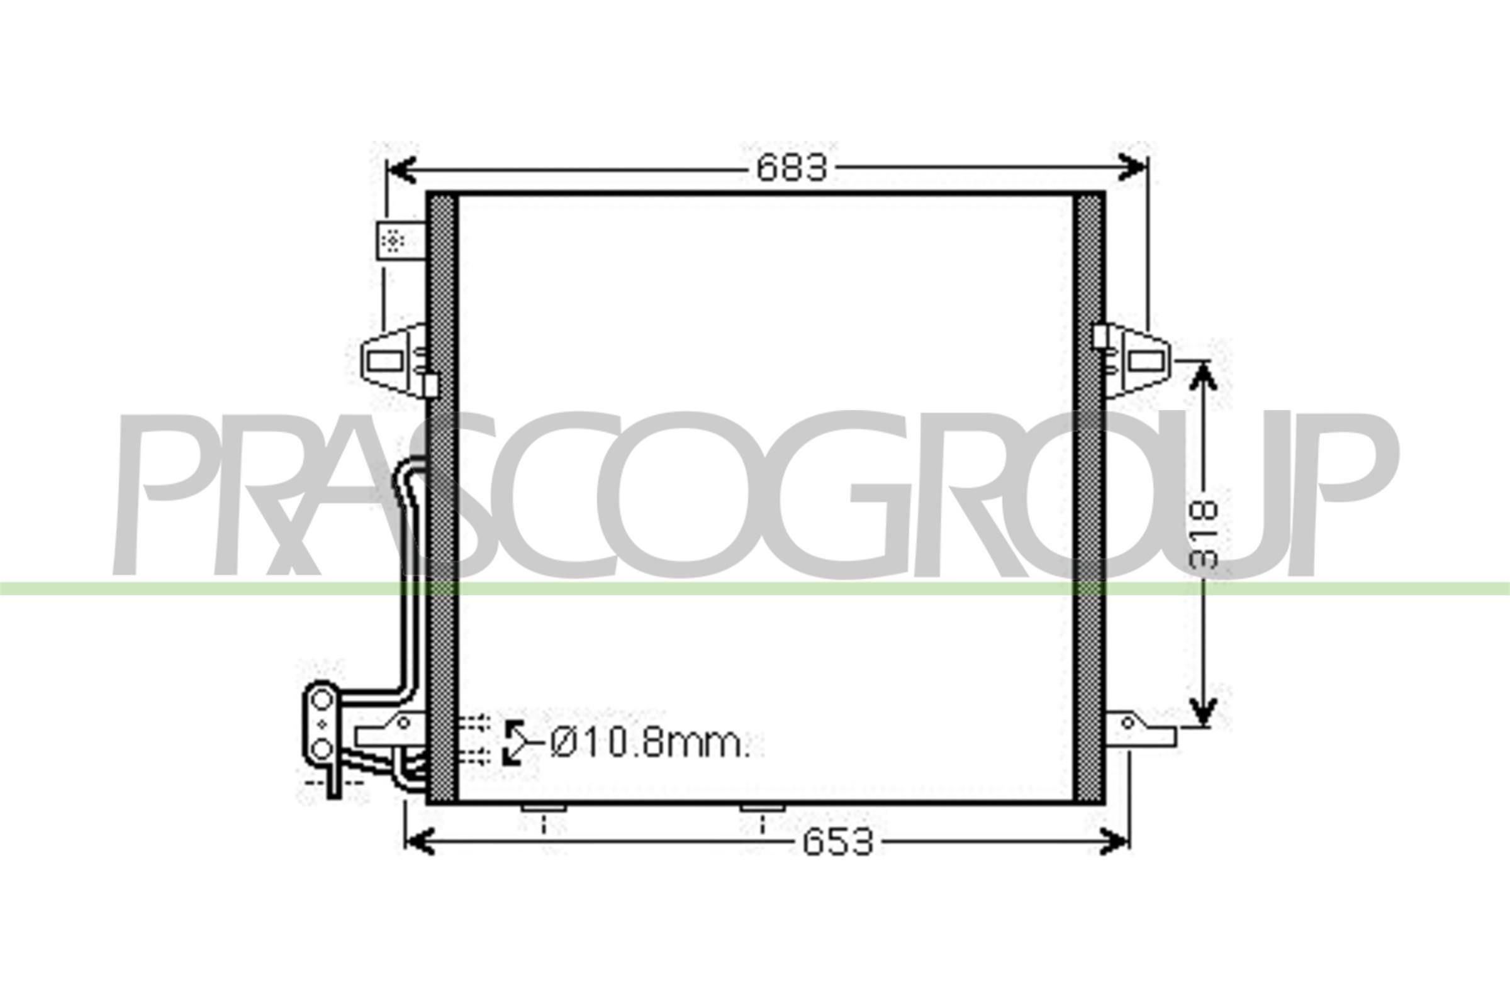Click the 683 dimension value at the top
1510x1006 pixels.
click(791, 169)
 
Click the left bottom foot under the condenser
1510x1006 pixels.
click(543, 809)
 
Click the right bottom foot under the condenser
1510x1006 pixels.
click(762, 809)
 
